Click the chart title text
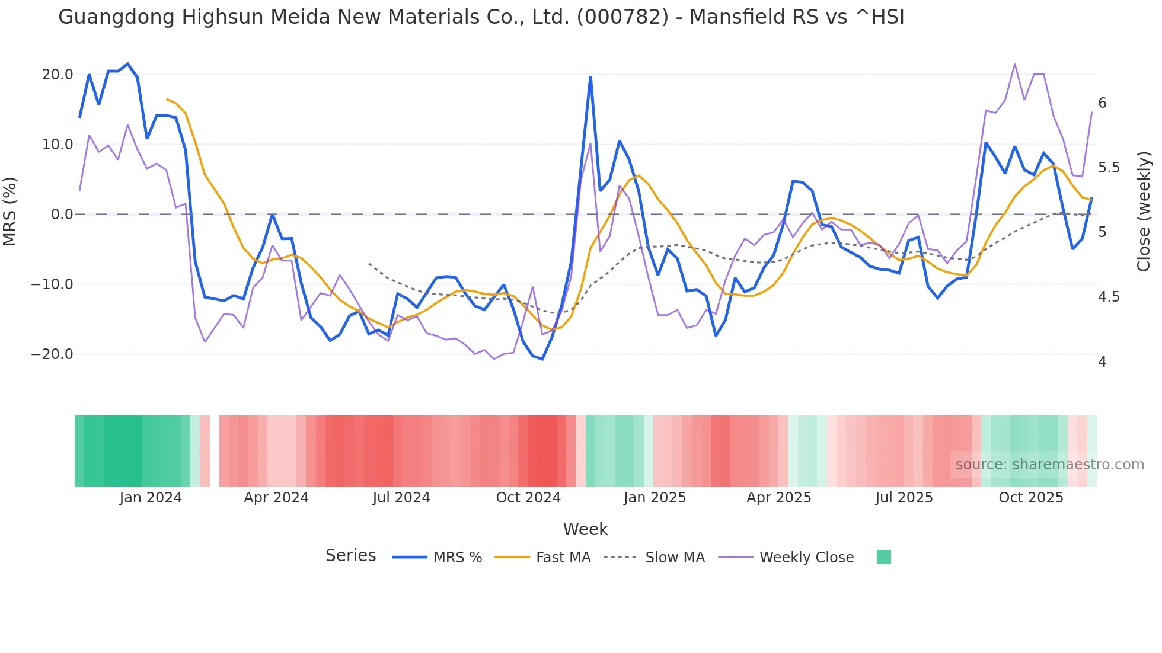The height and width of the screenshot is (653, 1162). (x=481, y=17)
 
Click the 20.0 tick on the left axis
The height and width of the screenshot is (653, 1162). (x=58, y=75)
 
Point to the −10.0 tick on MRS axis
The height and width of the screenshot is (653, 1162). (x=52, y=284)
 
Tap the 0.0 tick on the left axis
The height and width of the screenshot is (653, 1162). (x=62, y=215)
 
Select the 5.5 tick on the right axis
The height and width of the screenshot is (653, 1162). (x=1109, y=168)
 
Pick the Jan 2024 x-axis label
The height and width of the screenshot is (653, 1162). (x=151, y=498)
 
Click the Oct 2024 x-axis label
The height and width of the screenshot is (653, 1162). (x=528, y=498)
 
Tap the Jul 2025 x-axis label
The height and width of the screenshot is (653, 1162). (x=904, y=498)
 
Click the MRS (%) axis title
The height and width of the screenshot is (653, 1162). (x=10, y=211)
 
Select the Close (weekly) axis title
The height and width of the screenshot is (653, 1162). (x=1144, y=211)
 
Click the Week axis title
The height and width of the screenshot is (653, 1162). (x=585, y=529)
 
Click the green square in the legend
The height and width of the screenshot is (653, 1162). (x=883, y=557)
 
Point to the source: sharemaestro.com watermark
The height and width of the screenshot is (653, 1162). (x=1049, y=465)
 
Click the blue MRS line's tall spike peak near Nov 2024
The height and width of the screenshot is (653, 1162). (x=590, y=76)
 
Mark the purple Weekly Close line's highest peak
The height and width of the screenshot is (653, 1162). (x=1014, y=64)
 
